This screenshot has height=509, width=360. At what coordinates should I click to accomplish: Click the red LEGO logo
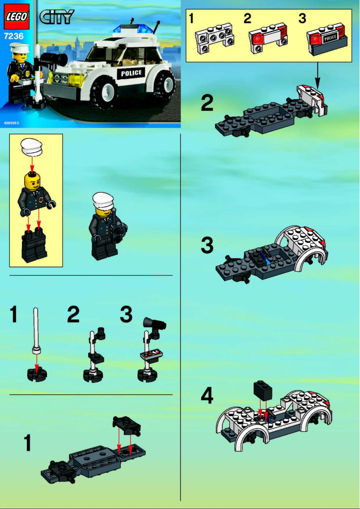(17, 17)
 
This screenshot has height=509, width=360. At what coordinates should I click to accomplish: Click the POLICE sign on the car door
(131, 73)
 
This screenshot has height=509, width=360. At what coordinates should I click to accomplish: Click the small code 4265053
(11, 123)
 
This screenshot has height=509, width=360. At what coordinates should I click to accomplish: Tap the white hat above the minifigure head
(31, 146)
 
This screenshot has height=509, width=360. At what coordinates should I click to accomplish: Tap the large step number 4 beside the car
(206, 396)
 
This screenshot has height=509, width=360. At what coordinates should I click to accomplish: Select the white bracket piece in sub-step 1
(214, 41)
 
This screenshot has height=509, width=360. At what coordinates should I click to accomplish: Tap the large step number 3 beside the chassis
(206, 245)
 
